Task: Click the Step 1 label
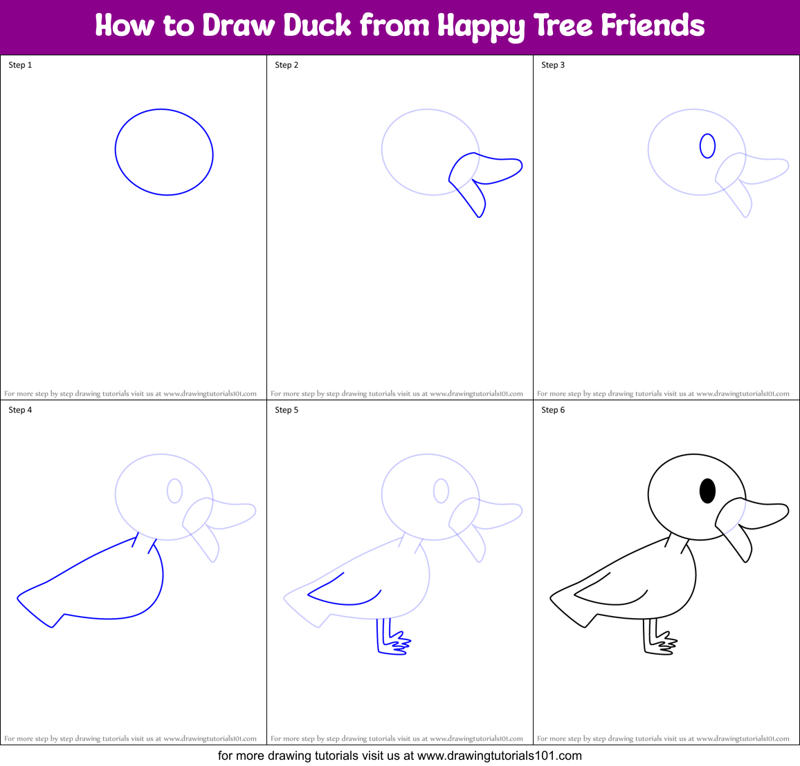[x=20, y=65]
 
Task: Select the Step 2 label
[x=287, y=65]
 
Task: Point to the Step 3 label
[x=553, y=65]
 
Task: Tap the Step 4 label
[x=20, y=410]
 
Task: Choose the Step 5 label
[x=287, y=410]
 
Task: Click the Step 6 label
[x=553, y=410]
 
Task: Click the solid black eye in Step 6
[x=707, y=491]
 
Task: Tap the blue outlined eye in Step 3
[x=707, y=146]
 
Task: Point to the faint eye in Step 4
[x=174, y=491]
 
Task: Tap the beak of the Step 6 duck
[x=754, y=515]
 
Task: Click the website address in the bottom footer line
[x=499, y=756]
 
